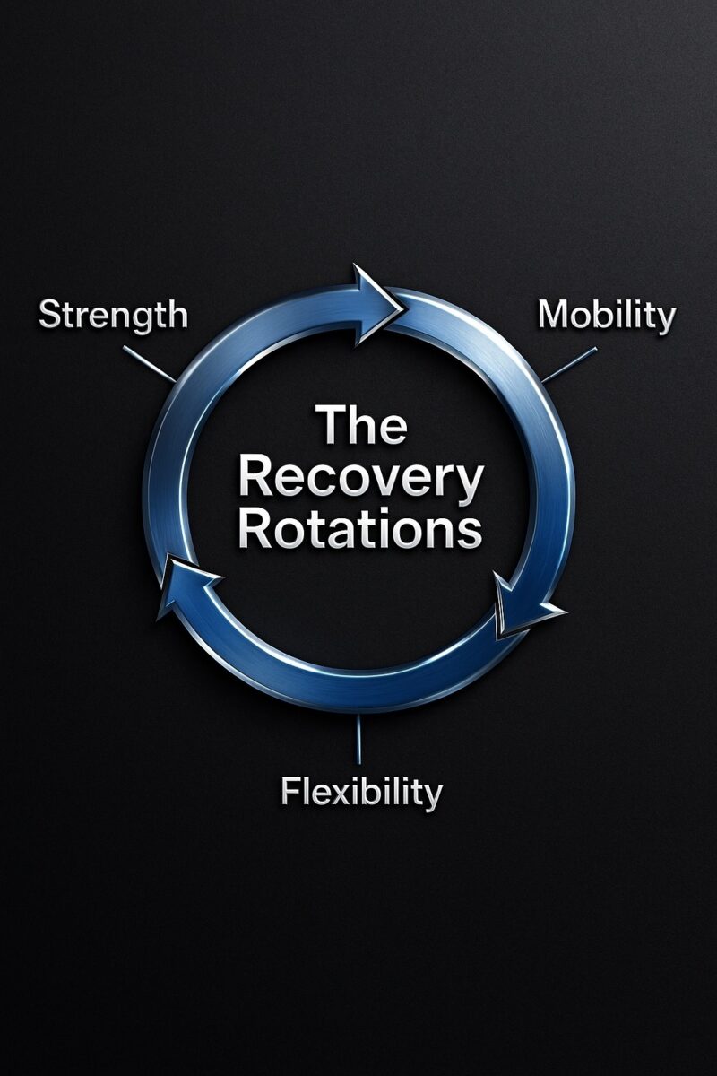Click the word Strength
click(113, 316)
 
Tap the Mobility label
click(606, 316)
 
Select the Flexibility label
click(361, 793)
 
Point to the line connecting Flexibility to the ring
click(358, 740)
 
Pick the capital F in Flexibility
click(289, 792)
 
